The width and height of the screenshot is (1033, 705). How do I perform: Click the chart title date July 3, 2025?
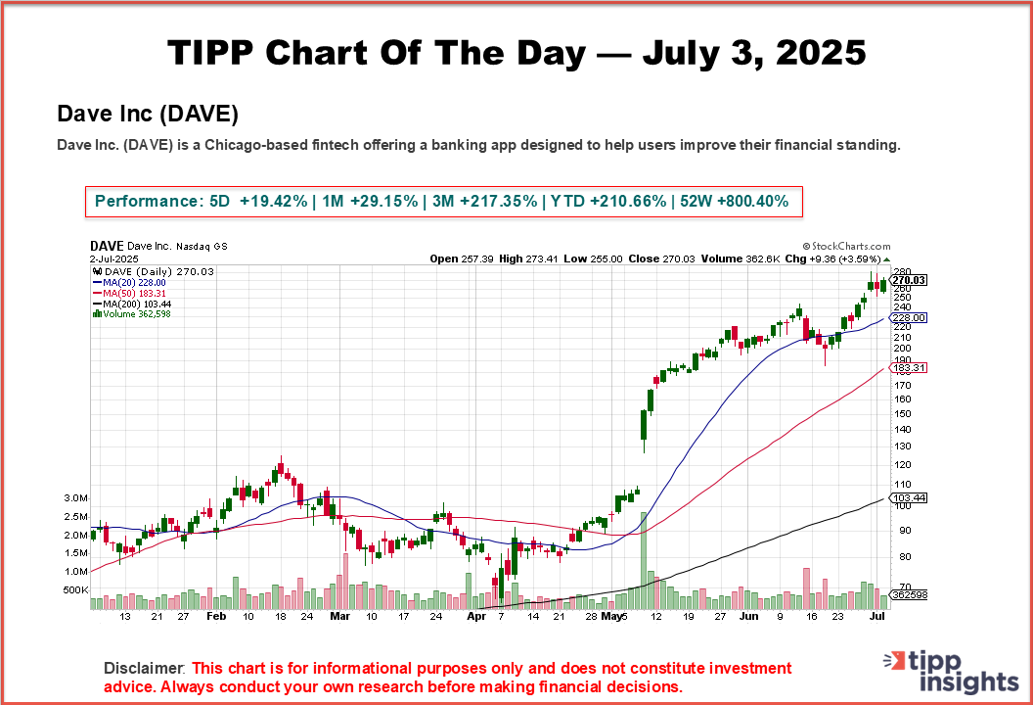[x=754, y=53]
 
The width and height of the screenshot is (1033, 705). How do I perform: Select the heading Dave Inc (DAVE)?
[x=148, y=115]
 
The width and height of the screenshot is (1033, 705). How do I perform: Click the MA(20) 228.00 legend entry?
[x=128, y=282]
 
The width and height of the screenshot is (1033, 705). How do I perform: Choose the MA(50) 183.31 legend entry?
[x=128, y=293]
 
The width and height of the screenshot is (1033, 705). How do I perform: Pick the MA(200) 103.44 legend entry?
[x=131, y=304]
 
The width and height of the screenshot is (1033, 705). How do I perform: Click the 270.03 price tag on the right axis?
[x=909, y=280]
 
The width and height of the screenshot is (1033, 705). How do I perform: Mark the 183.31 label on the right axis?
[x=909, y=367]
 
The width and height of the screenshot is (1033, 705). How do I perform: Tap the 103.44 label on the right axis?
[x=909, y=498]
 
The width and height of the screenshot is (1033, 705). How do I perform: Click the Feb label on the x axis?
[x=217, y=618]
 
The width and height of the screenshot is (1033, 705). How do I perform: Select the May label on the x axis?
[x=612, y=618]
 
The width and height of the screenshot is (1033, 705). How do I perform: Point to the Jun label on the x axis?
[x=748, y=618]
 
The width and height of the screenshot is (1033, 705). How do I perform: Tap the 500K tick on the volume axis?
[x=75, y=590]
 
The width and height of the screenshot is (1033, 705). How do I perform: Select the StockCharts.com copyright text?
[x=846, y=248]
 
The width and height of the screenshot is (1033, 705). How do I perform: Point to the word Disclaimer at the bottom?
[x=144, y=668]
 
